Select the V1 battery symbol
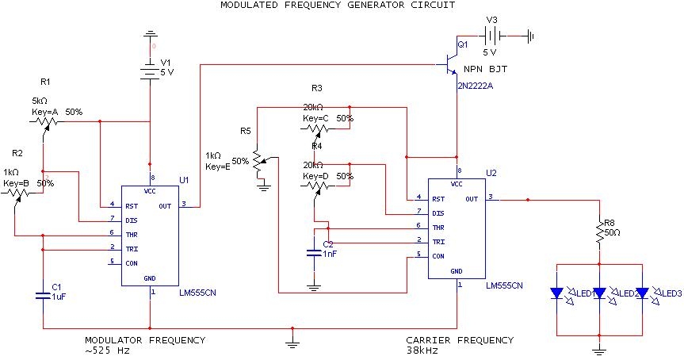click(150, 70)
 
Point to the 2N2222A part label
click(475, 85)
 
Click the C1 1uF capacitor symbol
click(43, 296)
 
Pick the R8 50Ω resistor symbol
click(599, 232)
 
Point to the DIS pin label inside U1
click(130, 219)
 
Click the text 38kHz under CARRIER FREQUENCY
click(422, 350)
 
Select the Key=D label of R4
click(319, 175)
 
